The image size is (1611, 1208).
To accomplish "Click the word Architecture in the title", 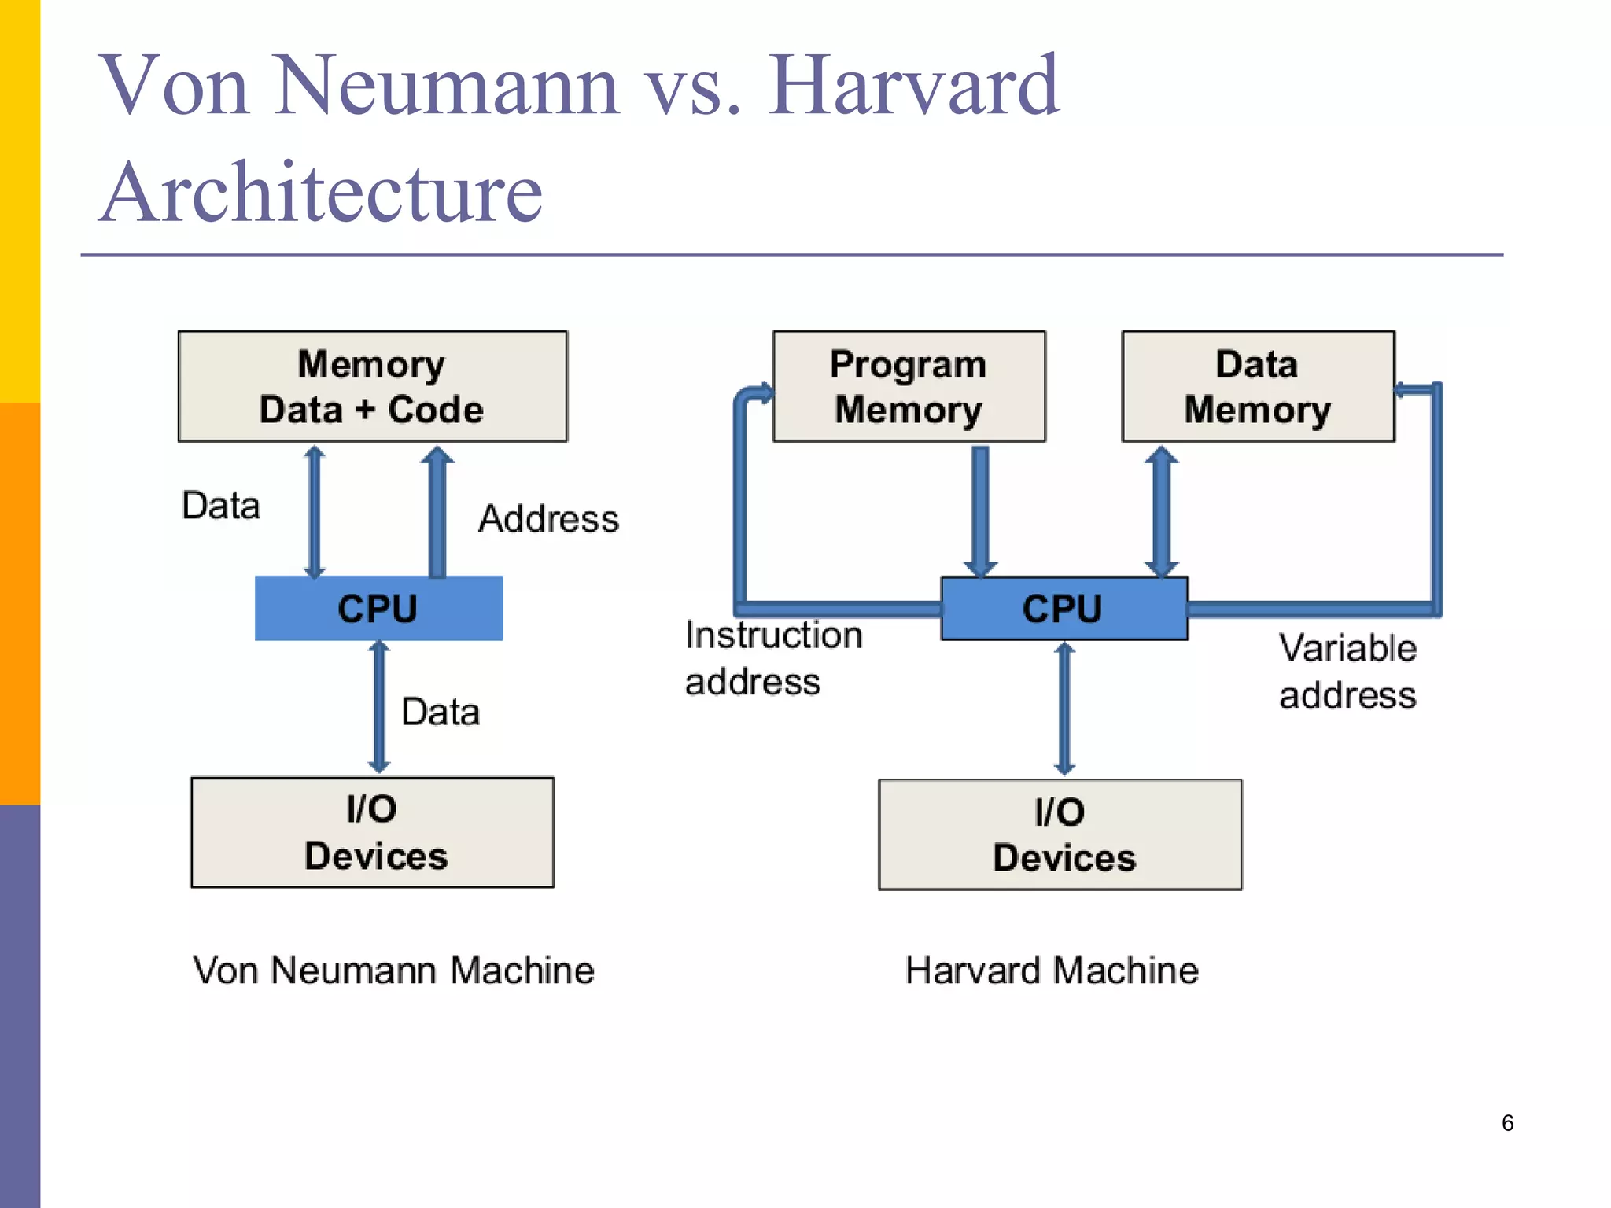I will [321, 193].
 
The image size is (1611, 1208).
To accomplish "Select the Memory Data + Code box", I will [372, 386].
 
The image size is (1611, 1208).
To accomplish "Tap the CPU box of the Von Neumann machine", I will [378, 609].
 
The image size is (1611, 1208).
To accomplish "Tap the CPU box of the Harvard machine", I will [1064, 609].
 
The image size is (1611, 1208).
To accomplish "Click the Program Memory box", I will [909, 386].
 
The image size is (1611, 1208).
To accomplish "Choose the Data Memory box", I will [1257, 386].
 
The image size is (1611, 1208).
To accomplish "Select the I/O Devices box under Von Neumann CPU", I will [372, 832].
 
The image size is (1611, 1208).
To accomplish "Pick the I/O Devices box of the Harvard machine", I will [1060, 834].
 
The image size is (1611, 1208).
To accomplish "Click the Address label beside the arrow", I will [548, 519].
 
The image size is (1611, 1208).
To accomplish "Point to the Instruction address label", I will [772, 657].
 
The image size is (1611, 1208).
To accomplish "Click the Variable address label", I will [1347, 672].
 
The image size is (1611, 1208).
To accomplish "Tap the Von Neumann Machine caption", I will [393, 970].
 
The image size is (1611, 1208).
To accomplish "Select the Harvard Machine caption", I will [1052, 970].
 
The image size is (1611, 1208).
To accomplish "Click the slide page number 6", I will [1507, 1122].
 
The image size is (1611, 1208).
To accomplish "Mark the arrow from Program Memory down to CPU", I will [980, 511].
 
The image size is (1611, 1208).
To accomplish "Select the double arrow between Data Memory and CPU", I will [1161, 511].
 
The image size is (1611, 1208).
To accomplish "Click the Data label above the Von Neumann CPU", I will [221, 506].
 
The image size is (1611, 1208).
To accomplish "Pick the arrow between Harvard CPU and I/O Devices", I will [1064, 708].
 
